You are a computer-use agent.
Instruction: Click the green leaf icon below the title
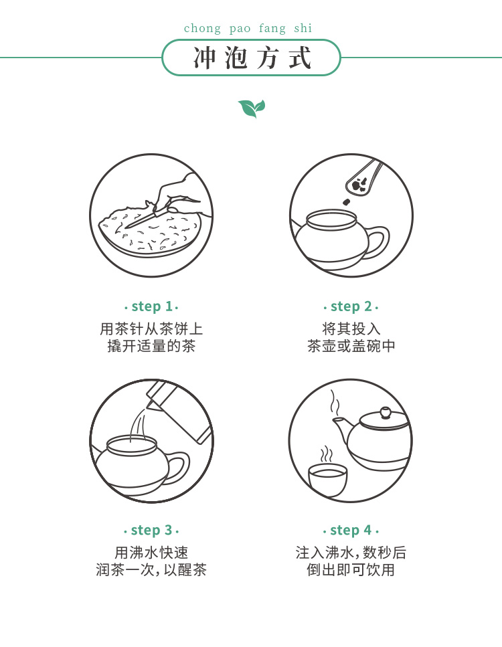pos(252,108)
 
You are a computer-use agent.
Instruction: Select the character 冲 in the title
pos(204,58)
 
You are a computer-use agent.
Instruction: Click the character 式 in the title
pos(299,58)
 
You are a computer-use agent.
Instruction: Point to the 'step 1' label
pos(151,306)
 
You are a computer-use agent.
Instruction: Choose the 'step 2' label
pos(351,306)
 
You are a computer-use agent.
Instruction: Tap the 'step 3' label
pos(151,530)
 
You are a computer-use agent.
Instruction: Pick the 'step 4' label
pos(351,530)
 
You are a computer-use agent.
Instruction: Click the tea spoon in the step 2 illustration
pos(363,177)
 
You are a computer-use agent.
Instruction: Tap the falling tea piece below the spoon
pos(346,202)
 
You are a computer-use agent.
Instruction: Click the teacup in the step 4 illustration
pos(328,480)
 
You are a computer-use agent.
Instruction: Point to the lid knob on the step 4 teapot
pos(385,411)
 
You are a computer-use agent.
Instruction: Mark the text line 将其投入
pos(351,329)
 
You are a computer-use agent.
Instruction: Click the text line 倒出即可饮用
pos(351,570)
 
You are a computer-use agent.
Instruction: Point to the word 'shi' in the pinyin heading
pos(303,29)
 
